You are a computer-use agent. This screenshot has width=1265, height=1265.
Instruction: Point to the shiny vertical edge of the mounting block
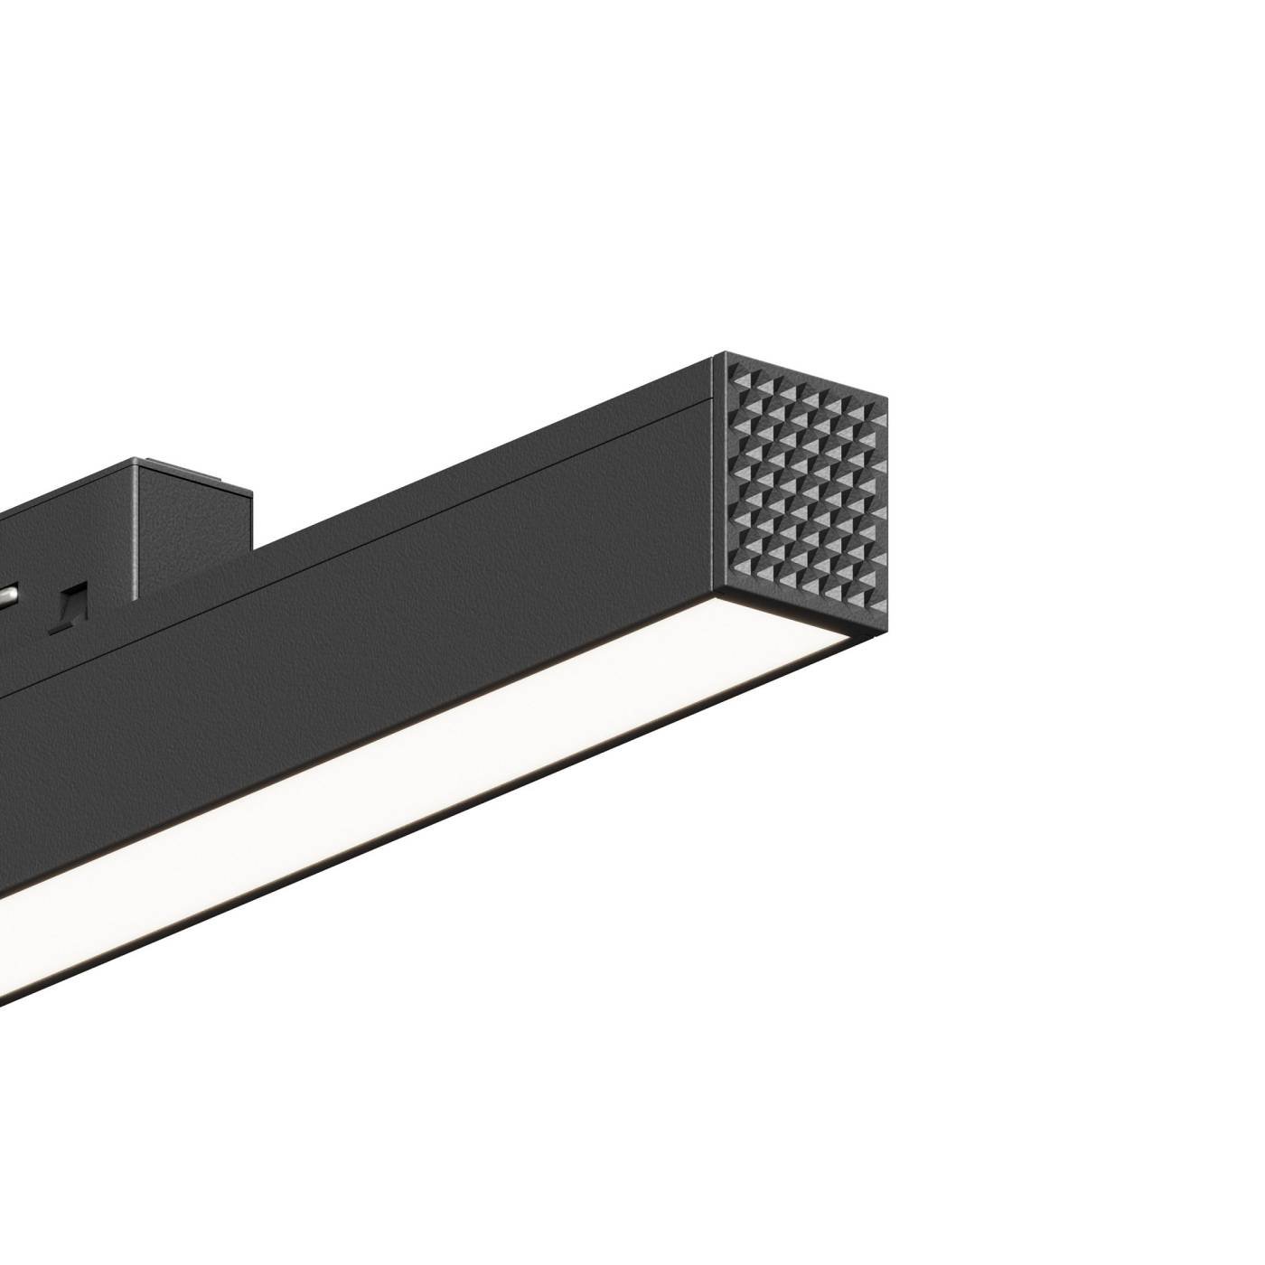133,533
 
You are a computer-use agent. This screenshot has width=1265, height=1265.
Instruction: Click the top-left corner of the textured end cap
716,354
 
